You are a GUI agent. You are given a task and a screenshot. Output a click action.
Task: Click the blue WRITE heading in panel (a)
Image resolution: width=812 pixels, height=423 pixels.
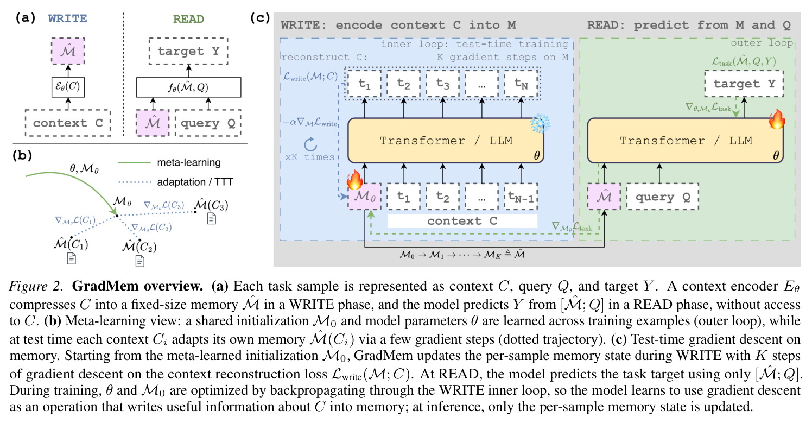[68, 18]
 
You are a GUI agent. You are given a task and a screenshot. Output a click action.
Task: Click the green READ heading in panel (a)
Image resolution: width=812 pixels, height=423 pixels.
[188, 19]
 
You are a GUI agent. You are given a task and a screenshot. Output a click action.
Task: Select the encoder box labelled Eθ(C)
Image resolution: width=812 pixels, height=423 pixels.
[68, 87]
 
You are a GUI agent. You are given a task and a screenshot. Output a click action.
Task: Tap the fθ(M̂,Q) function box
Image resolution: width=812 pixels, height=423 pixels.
[188, 87]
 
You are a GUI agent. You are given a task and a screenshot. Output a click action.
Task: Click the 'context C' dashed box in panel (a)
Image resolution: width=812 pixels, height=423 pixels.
[68, 123]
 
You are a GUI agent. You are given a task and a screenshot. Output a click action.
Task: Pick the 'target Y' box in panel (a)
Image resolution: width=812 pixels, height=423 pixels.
[188, 51]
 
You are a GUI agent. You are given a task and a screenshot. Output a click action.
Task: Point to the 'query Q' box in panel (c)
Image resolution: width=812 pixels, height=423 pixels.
[663, 197]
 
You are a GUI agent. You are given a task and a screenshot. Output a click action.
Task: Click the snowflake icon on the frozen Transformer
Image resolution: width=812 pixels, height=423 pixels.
[540, 123]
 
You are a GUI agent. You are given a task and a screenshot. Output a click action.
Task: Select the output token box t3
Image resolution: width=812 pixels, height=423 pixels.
[442, 84]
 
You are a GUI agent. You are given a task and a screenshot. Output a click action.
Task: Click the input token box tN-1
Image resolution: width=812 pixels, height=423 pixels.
[521, 197]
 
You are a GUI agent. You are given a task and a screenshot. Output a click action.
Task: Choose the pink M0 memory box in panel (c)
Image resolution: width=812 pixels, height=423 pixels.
[364, 197]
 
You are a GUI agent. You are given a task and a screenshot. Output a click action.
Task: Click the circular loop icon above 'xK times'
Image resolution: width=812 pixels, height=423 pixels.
[310, 144]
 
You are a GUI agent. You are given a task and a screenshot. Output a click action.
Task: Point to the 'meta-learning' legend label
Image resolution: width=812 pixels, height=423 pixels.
[189, 162]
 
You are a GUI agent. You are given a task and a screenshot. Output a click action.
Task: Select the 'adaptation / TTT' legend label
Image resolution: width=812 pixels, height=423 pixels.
[195, 182]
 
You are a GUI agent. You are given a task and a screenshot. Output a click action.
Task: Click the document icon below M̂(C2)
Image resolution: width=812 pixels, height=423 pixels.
[140, 261]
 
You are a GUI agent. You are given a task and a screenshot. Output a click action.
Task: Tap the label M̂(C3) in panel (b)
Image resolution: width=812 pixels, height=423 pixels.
[211, 205]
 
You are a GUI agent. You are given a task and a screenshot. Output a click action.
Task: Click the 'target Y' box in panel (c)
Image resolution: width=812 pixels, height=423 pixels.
[744, 84]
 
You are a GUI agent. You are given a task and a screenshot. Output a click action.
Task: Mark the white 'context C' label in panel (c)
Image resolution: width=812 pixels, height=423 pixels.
[462, 221]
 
